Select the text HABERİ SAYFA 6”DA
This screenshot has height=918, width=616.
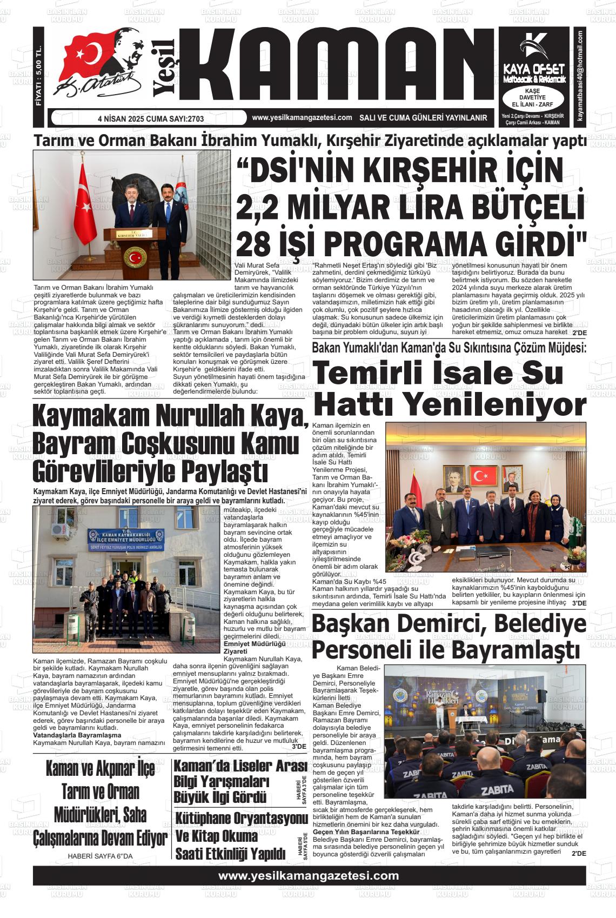pyautogui.click(x=100, y=856)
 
